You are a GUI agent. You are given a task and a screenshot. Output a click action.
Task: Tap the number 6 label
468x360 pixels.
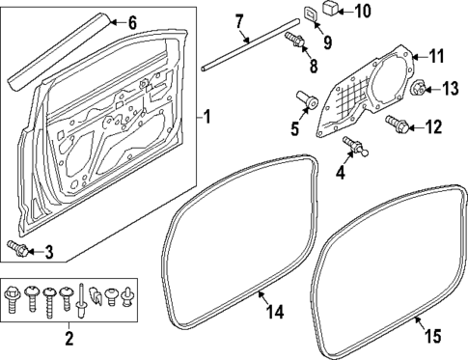tap(133, 21)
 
